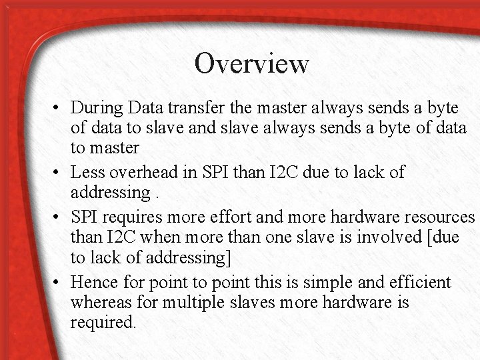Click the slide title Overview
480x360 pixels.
(x=251, y=63)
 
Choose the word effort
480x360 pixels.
(x=218, y=217)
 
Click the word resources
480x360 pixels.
(x=437, y=217)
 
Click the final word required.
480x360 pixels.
(x=103, y=323)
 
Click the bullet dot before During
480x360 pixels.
(x=58, y=107)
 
